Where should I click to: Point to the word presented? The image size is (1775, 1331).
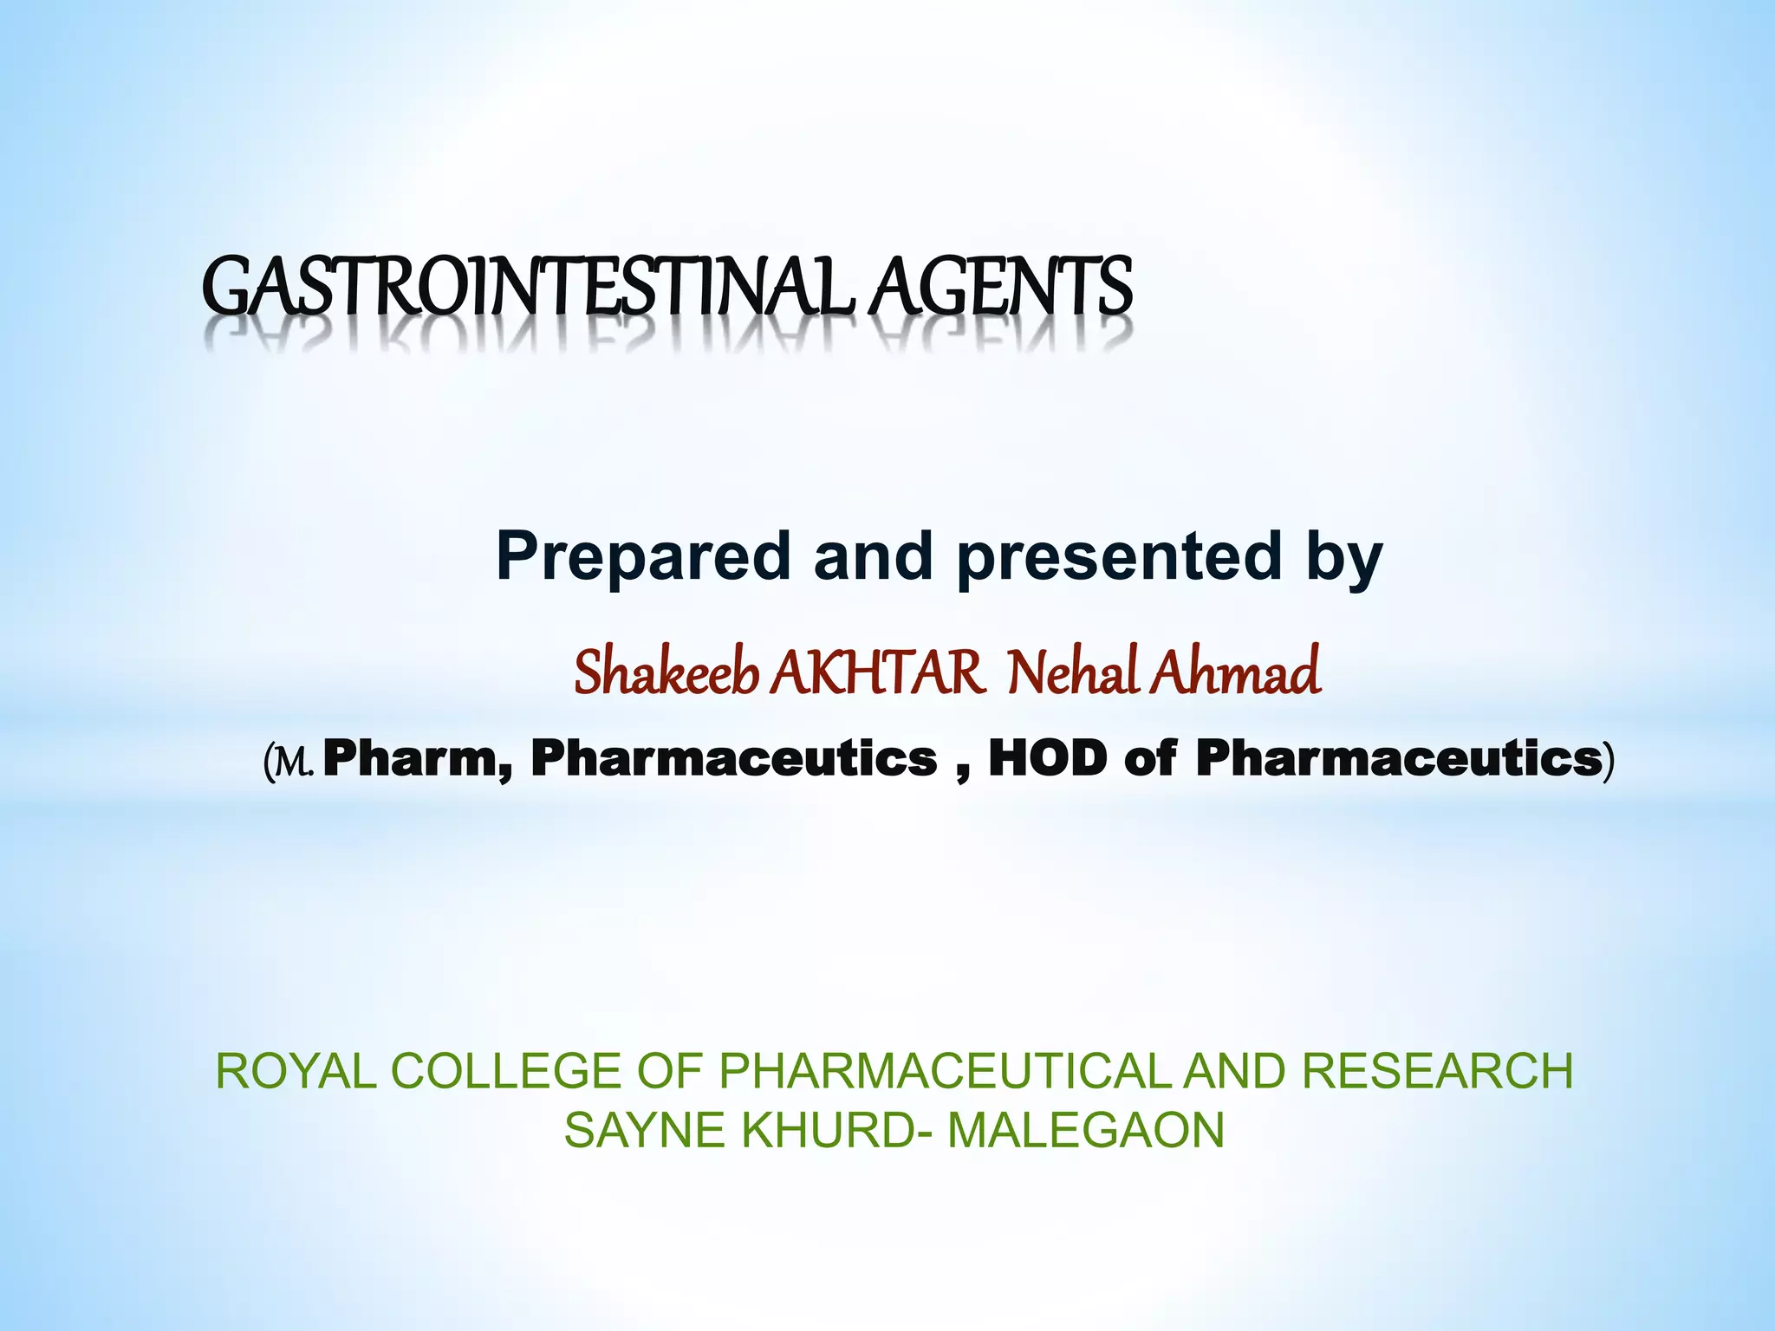[1118, 556]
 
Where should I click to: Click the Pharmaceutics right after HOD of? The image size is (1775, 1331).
[1397, 758]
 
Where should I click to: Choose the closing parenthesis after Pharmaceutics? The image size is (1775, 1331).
[1609, 760]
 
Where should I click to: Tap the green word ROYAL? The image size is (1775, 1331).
[296, 1071]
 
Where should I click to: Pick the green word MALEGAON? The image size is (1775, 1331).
[1086, 1131]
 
